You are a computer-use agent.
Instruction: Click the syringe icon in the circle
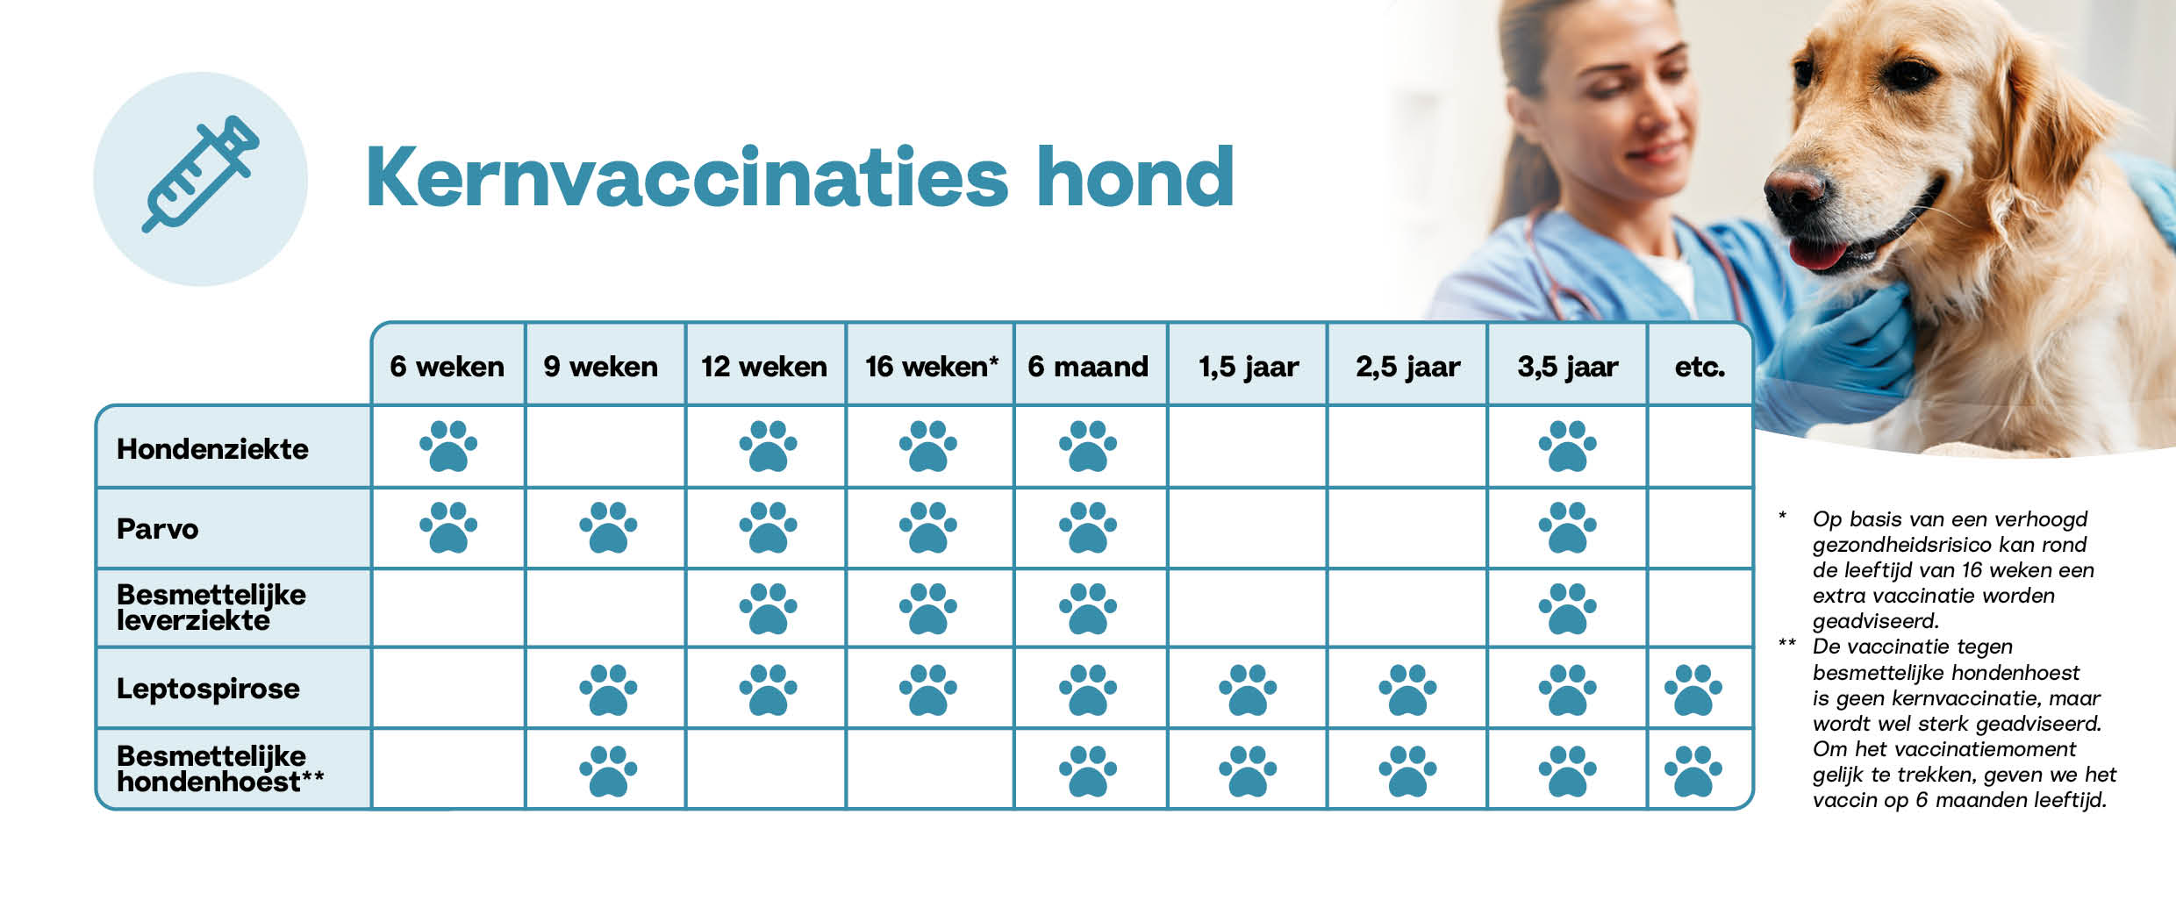[201, 174]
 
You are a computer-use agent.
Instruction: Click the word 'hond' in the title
[1135, 177]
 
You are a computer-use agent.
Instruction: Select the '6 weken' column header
[447, 366]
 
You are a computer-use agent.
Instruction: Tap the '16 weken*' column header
[931, 366]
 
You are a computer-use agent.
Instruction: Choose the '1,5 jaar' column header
[1248, 367]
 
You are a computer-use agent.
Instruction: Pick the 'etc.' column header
[1700, 367]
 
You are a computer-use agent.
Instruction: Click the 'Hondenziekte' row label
[212, 449]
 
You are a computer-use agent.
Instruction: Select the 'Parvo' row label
[158, 529]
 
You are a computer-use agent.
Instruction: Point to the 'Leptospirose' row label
[208, 689]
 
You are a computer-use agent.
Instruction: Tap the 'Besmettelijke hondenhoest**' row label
[220, 768]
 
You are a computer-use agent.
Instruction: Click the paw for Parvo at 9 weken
[608, 527]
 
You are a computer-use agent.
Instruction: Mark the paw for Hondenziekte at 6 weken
[448, 446]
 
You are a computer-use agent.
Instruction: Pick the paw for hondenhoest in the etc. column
[1693, 771]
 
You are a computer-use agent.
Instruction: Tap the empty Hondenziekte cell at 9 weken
[605, 447]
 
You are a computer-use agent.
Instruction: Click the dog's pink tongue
[1817, 254]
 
